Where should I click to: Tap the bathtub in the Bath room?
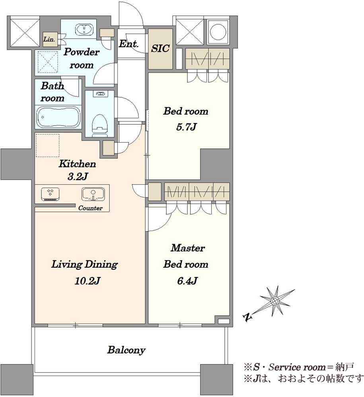pos(58,117)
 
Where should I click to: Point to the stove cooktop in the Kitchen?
pos(50,195)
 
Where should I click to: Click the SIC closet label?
pos(160,48)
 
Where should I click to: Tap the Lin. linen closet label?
pos(49,39)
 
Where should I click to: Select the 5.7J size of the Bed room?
pos(187,127)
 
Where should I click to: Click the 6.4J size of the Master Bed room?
pos(187,281)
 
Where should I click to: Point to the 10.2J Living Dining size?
pos(88,281)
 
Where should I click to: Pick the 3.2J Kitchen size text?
pos(78,177)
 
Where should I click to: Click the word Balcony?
pos(127,350)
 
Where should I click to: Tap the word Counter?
pos(90,208)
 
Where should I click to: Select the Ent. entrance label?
pos(129,44)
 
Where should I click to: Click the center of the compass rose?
pos(275,301)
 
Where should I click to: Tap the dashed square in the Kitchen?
pos(47,146)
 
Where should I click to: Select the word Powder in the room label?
pos(82,52)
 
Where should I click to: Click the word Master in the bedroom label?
pos(188,248)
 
